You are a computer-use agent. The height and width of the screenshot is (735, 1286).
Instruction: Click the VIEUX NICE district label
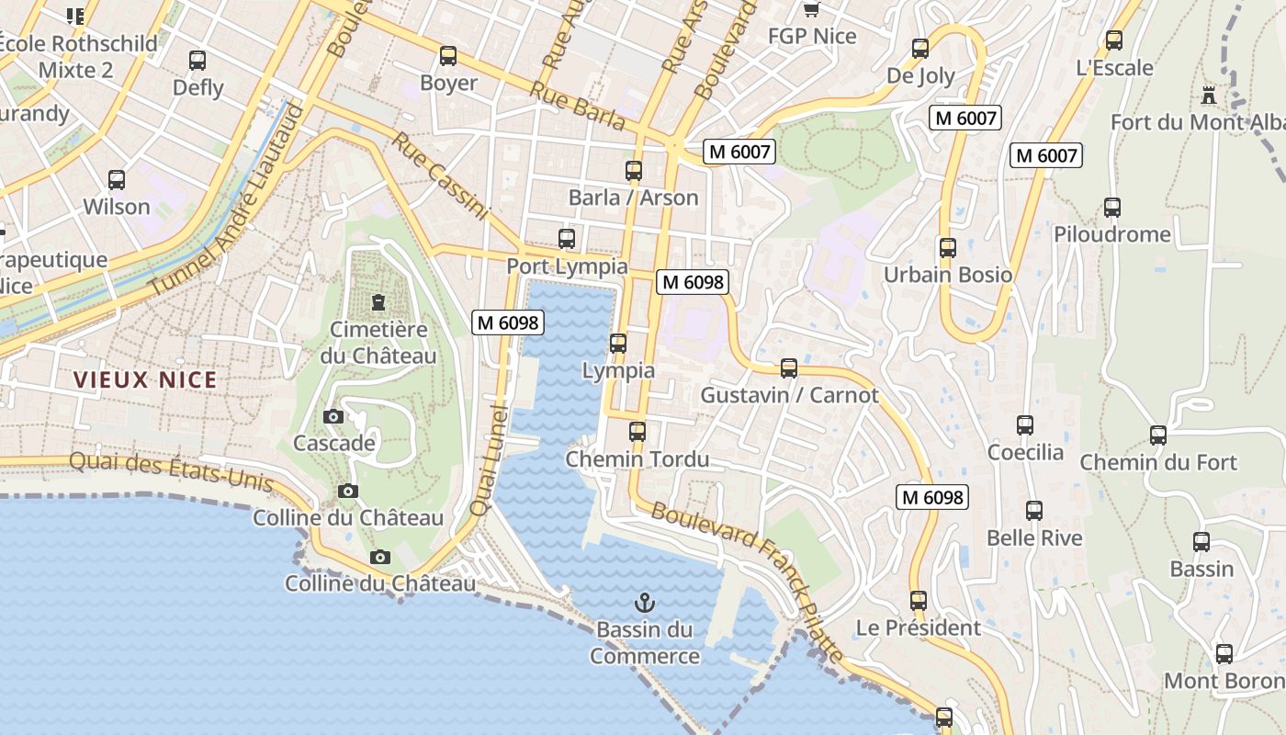point(145,379)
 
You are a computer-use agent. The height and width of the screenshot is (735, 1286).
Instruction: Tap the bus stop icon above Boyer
point(448,56)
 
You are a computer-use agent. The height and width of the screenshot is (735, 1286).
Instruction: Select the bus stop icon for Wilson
point(117,180)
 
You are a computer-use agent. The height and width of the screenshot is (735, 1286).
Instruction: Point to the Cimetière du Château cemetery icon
point(378,301)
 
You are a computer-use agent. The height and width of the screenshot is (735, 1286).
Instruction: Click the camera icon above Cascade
point(333,416)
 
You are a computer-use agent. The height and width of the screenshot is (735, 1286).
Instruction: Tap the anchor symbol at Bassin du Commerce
point(645,603)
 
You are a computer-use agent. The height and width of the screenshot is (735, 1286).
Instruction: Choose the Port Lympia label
point(568,266)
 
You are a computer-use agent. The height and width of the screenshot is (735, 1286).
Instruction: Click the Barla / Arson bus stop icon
point(634,171)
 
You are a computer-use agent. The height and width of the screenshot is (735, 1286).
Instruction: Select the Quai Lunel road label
point(488,459)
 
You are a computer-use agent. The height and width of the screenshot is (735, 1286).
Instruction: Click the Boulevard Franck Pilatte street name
point(748,582)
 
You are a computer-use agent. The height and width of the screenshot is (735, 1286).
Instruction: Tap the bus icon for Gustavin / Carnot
point(789,368)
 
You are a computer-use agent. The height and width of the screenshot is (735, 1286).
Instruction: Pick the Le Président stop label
point(919,628)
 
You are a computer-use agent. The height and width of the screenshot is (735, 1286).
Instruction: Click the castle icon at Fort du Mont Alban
point(1209,95)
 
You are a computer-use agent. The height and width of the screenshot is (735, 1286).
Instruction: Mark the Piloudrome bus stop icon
point(1112,208)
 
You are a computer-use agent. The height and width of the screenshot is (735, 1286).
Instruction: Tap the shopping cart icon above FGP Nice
point(811,10)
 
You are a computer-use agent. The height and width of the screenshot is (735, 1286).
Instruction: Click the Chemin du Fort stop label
point(1158,462)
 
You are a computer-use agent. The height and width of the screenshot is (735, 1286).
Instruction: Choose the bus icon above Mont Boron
point(1224,654)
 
